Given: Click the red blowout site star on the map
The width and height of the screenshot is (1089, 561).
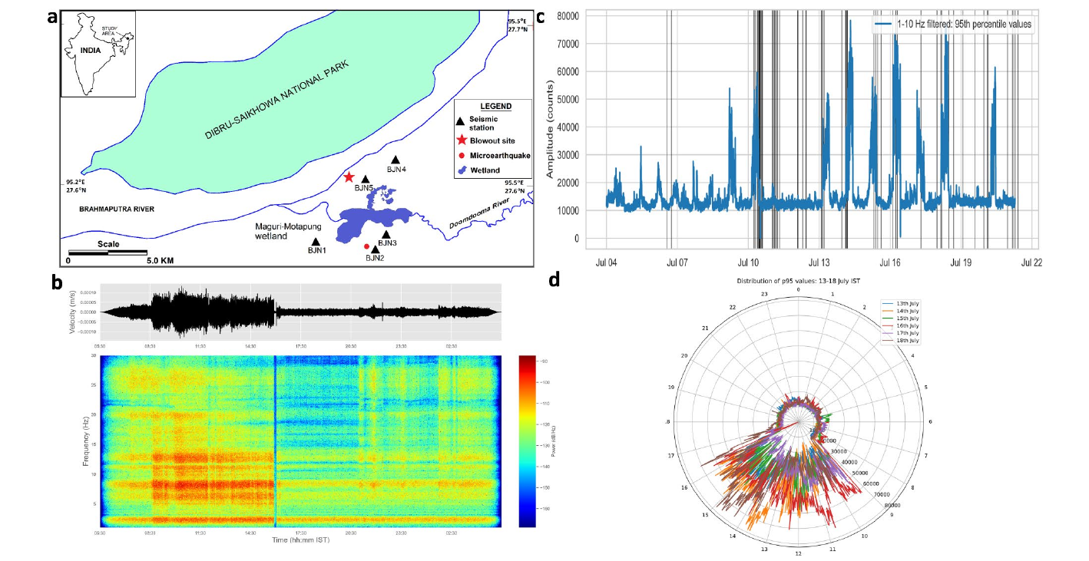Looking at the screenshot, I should click(349, 177).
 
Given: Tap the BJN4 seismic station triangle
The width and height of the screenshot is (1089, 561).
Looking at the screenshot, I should click(396, 159).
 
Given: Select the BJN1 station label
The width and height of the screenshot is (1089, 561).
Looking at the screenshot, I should click(316, 250).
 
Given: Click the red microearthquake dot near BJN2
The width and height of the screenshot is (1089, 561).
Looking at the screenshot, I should click(366, 246).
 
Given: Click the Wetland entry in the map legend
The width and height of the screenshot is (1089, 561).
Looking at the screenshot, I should click(486, 170).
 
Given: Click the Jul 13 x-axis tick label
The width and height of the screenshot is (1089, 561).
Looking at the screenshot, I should click(819, 262).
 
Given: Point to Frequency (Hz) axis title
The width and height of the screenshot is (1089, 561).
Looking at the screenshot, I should click(86, 440).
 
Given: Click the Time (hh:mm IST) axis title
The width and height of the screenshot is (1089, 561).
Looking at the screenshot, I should click(301, 541).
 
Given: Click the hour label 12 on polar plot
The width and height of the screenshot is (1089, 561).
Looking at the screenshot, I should click(799, 553).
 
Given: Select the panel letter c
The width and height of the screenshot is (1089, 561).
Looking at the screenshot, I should click(541, 17).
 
